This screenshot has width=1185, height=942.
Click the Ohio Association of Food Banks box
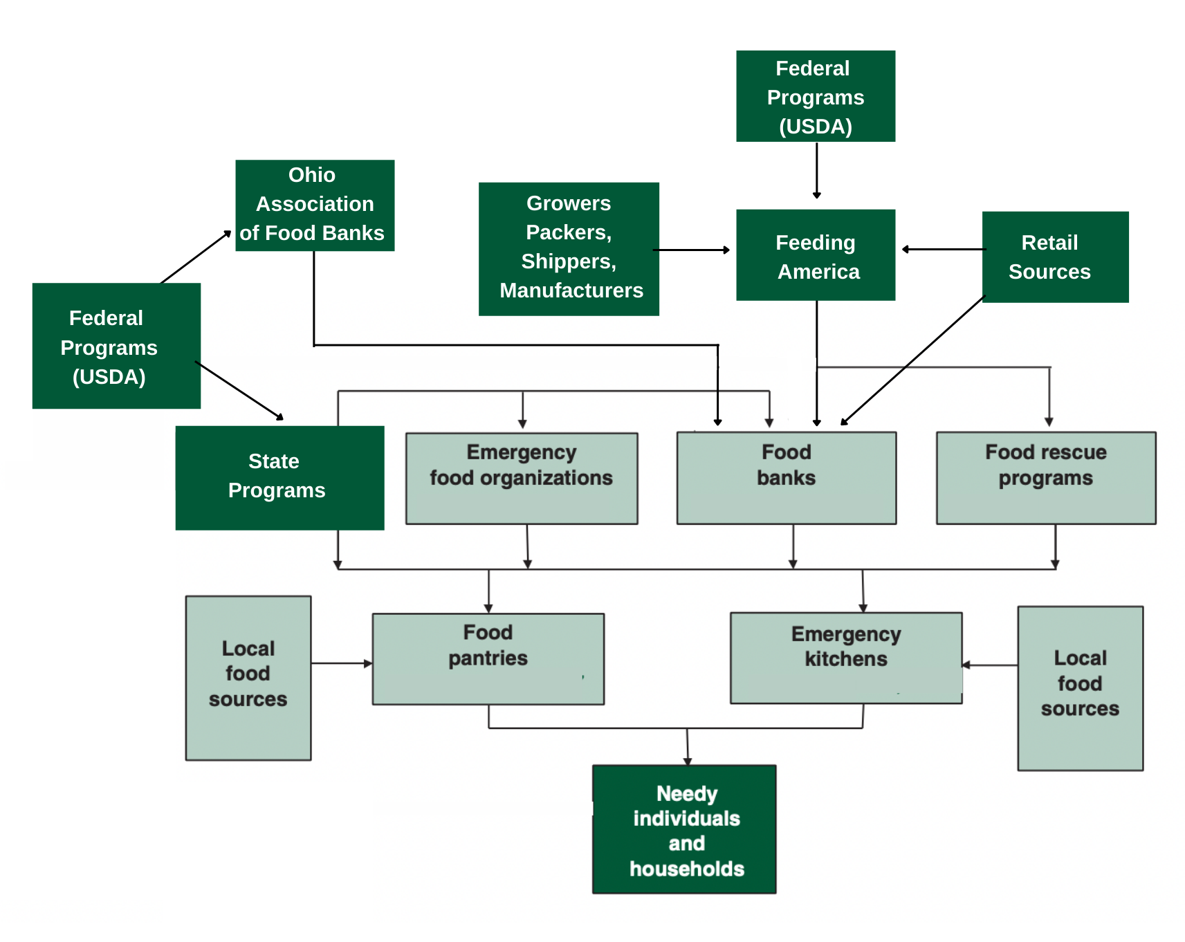[315, 205]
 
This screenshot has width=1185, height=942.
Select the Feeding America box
[816, 255]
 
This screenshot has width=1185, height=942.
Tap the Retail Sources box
[1055, 257]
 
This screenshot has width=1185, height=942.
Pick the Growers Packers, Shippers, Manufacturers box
[569, 249]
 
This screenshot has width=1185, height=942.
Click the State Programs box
[279, 477]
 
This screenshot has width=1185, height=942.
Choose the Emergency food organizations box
[522, 478]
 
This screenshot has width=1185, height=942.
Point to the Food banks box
[787, 478]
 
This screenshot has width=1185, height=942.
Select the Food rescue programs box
[1046, 478]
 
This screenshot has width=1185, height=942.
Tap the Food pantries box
[488, 658]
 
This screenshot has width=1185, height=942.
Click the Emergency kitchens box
[846, 658]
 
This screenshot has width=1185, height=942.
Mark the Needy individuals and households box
[684, 829]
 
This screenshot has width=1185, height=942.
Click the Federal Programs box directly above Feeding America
[816, 96]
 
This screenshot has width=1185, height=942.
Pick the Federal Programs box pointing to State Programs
[116, 346]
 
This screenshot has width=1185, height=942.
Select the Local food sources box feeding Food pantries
[248, 678]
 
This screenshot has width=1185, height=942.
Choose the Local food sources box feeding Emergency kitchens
[1080, 688]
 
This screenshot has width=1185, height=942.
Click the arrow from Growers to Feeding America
[691, 250]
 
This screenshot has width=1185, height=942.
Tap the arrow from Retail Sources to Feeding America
[941, 249]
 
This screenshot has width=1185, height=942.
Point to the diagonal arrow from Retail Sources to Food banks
[912, 360]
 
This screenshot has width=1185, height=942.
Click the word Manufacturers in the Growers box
[571, 290]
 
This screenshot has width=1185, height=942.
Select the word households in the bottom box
[687, 869]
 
